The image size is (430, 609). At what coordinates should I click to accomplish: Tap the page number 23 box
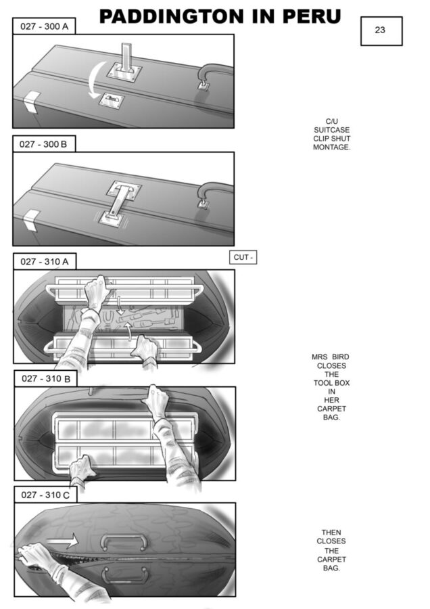point(381,31)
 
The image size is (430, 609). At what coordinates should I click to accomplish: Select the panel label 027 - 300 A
point(44,26)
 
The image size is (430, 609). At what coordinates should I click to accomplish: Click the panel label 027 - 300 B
point(44,144)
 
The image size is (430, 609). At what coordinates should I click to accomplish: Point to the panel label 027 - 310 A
point(45,261)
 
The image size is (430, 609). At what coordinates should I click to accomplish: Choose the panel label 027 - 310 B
point(46,379)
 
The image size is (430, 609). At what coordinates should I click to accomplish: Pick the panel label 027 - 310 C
point(45,495)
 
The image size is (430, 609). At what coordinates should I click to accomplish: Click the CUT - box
point(243,258)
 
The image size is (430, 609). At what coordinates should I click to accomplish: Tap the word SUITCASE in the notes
point(331,130)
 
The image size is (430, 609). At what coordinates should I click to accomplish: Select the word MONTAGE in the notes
point(331,148)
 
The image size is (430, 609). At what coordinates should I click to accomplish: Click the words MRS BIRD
point(330,357)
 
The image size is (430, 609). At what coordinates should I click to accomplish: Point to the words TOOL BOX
point(331,383)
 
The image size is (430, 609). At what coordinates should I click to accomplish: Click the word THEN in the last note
point(331,533)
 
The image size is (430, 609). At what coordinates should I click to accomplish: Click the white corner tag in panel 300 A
point(31,101)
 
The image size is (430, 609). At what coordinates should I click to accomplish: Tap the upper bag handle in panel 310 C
point(124,541)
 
